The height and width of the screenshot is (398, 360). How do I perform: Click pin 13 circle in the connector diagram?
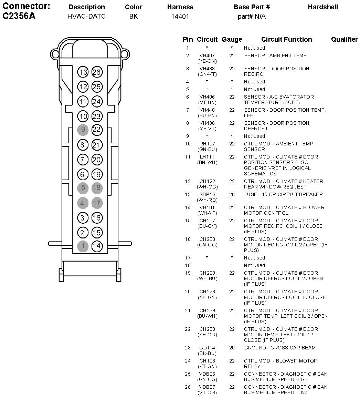[x=83, y=72]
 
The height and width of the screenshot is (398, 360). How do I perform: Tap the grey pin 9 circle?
[x=83, y=130]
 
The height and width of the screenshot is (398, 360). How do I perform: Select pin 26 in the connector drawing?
[x=97, y=72]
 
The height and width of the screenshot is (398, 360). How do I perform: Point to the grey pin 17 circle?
[x=97, y=203]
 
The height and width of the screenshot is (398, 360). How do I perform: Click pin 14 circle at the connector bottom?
[x=97, y=246]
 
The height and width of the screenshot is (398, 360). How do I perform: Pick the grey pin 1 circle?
[x=83, y=246]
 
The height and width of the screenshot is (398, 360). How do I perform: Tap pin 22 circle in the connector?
[x=97, y=130]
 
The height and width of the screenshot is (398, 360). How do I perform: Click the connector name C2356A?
[x=19, y=16]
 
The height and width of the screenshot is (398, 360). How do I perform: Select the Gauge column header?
[x=232, y=40]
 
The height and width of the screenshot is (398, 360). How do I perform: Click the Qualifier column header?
[x=344, y=40]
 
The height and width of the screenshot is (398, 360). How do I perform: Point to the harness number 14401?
[x=180, y=16]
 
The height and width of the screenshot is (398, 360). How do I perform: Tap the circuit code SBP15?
[x=207, y=194]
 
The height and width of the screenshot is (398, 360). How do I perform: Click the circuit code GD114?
[x=207, y=348]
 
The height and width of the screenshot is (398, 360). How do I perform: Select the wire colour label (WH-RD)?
[x=207, y=200]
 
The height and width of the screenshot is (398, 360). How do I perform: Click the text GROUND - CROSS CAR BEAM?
[x=279, y=348]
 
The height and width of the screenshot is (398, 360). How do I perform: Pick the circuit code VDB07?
[x=207, y=387]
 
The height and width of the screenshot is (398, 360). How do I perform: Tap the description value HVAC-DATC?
[x=86, y=16]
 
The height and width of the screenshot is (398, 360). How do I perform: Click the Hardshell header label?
[x=323, y=7]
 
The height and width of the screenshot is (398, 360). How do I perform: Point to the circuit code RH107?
[x=207, y=144]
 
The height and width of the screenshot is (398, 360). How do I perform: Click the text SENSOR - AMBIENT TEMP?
[x=276, y=55]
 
